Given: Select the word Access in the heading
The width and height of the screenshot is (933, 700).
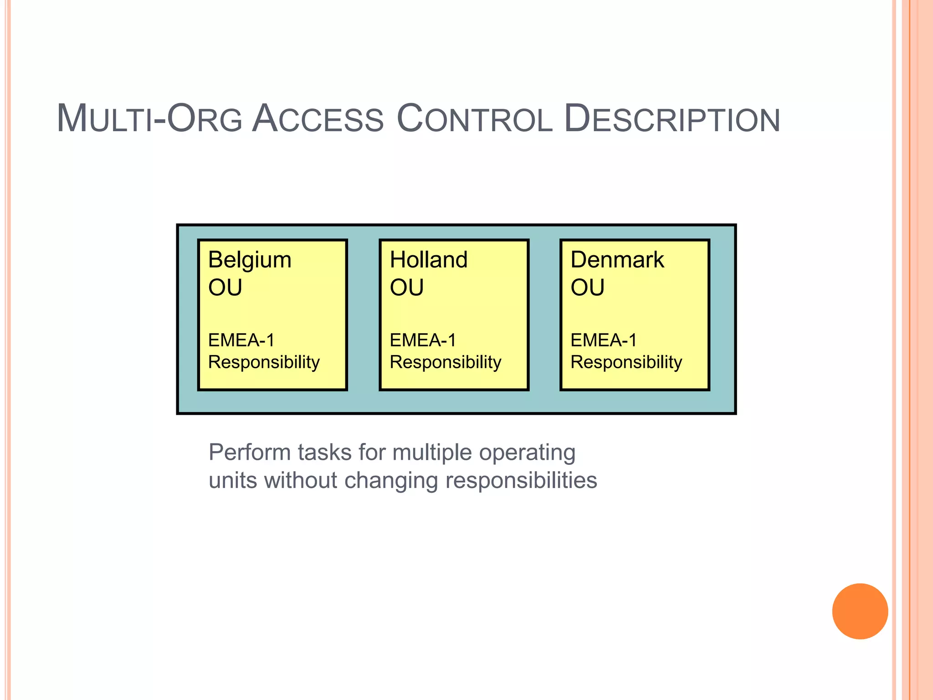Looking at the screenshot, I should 318,119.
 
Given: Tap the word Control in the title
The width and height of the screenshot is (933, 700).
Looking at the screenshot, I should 474,119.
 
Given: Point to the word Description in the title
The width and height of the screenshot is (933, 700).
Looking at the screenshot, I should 672,119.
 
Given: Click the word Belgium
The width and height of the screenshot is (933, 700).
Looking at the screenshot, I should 250,261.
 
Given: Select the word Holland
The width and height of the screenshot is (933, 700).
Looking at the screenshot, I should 429,260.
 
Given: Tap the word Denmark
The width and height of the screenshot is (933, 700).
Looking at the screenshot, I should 617,260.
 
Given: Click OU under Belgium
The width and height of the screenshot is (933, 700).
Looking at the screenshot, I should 225,288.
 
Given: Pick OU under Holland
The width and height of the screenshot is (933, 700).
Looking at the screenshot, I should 407,288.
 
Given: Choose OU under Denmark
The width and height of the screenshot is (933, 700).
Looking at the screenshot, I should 588,288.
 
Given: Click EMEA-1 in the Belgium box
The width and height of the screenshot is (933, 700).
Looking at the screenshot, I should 241,340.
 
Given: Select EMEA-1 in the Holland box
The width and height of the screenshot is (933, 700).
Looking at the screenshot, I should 423,340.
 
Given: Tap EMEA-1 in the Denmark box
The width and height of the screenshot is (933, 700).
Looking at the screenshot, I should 604,340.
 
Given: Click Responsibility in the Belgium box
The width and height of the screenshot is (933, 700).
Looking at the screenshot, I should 264,362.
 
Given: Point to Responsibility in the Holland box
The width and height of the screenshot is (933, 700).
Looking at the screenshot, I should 446,362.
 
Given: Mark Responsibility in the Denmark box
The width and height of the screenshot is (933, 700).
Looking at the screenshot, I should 626,362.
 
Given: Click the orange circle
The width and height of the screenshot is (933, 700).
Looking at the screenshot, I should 860,611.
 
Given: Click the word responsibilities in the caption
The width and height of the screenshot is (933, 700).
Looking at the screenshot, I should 521,480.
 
